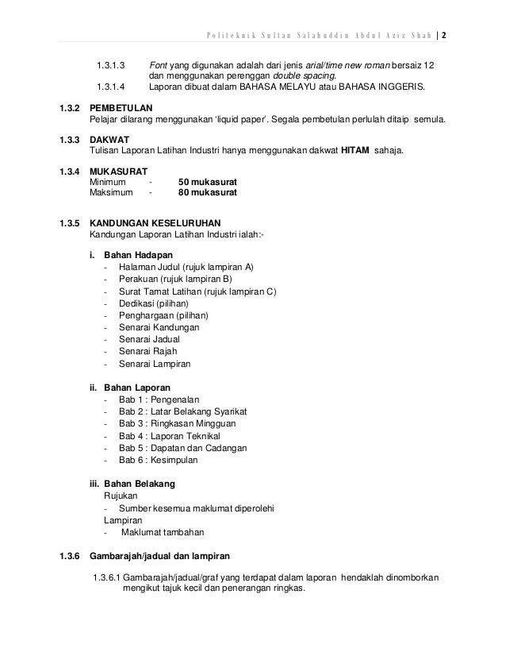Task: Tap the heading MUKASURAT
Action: coord(118,169)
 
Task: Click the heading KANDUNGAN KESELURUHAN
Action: coord(155,223)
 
